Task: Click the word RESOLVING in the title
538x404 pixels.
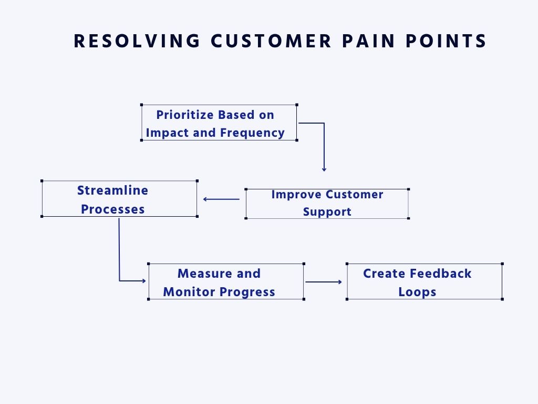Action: (137, 41)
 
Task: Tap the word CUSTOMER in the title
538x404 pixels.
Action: (271, 41)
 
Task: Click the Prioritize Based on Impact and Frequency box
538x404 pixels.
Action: (219, 123)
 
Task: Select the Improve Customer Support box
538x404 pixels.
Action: (327, 203)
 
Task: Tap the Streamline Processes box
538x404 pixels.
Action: (119, 199)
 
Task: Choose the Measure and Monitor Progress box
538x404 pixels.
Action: (225, 282)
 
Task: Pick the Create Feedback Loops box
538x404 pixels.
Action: (424, 282)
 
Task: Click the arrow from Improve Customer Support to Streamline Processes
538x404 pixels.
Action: (221, 199)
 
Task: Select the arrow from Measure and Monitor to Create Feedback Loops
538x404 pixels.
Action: (324, 282)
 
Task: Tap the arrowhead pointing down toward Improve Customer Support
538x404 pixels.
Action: (324, 169)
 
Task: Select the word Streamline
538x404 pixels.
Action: (112, 190)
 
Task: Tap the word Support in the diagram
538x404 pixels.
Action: (327, 212)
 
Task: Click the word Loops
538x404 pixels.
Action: (417, 292)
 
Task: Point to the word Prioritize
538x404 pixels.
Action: (184, 115)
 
